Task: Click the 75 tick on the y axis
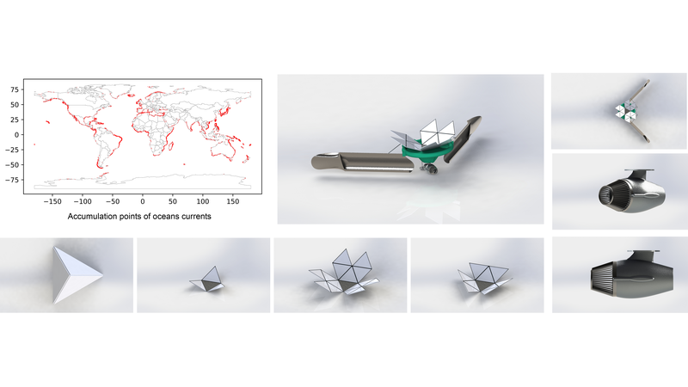click(x=15, y=89)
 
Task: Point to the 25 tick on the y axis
click(x=15, y=120)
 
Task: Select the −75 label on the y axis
click(x=12, y=180)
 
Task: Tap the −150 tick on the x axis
click(x=52, y=201)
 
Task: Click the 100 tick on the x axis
click(x=203, y=201)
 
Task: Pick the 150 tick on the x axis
click(x=233, y=201)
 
